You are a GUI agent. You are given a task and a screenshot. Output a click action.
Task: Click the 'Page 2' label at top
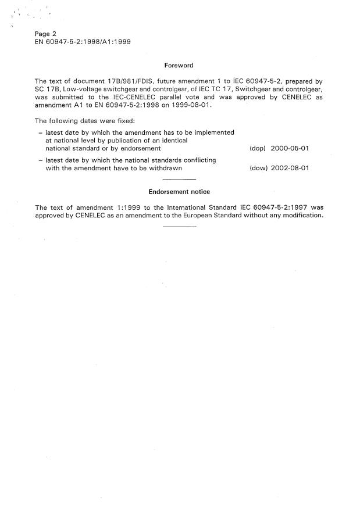point(46,34)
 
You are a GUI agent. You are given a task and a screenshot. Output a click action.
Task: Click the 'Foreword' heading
point(179,66)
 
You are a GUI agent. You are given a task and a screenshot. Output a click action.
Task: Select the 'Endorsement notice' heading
point(179,192)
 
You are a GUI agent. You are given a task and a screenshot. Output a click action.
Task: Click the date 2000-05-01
point(290,149)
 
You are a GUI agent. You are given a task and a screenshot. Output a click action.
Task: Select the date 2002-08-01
point(290,169)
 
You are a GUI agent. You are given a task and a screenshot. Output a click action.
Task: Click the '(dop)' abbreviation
point(257,149)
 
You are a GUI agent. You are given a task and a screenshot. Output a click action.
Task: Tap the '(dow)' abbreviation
point(257,169)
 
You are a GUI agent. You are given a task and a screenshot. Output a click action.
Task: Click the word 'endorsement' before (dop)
point(141,149)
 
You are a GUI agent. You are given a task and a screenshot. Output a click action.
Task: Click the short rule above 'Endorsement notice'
point(180,181)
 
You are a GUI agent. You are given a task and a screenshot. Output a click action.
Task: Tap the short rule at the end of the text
point(180,225)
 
